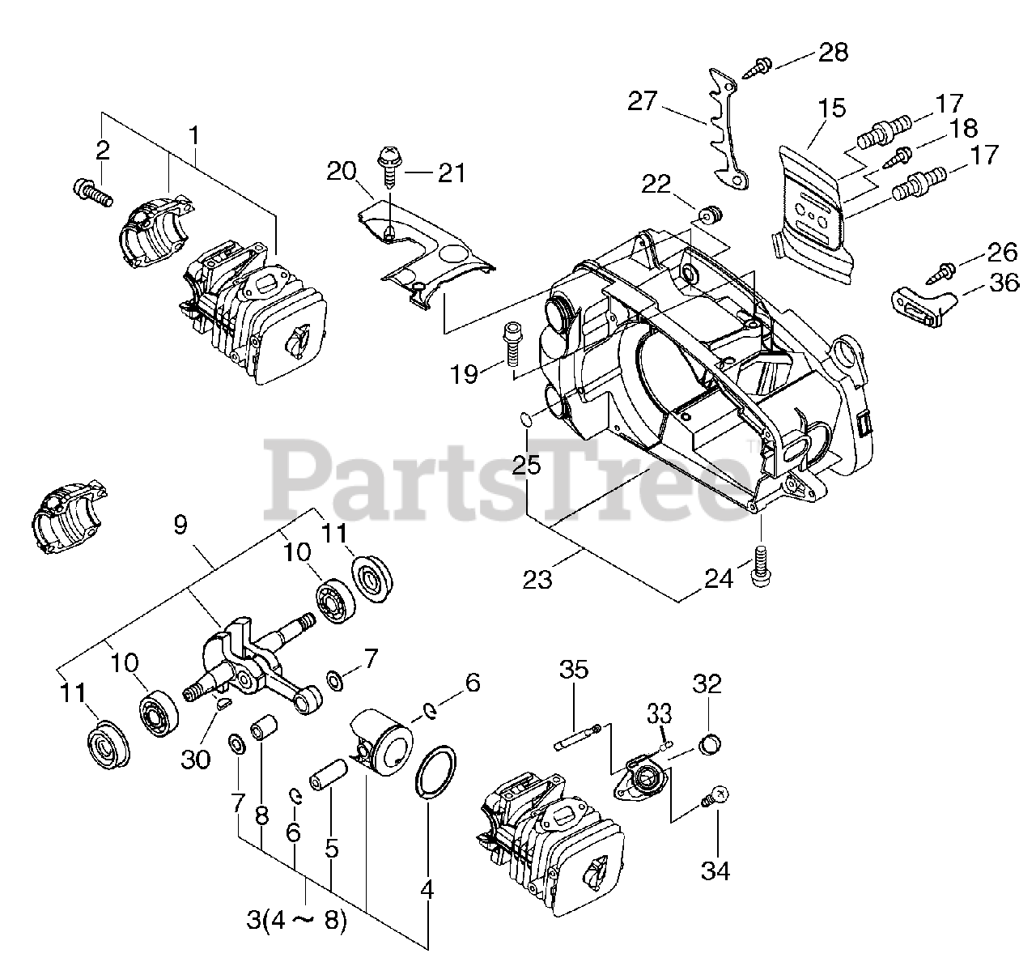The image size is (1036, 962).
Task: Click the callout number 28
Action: coord(833,53)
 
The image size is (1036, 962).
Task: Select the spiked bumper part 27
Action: coord(725,130)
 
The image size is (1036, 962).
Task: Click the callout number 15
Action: coord(831,108)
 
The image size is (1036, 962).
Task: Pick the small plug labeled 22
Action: coord(711,215)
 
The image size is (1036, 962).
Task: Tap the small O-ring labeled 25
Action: coord(525,419)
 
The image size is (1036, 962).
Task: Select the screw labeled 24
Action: coord(761,564)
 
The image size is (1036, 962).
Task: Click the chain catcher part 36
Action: coord(923,305)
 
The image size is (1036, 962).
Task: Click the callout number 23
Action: coord(537,580)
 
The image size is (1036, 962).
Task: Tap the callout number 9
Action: coord(180,525)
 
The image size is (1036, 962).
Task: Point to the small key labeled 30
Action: coord(223,703)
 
